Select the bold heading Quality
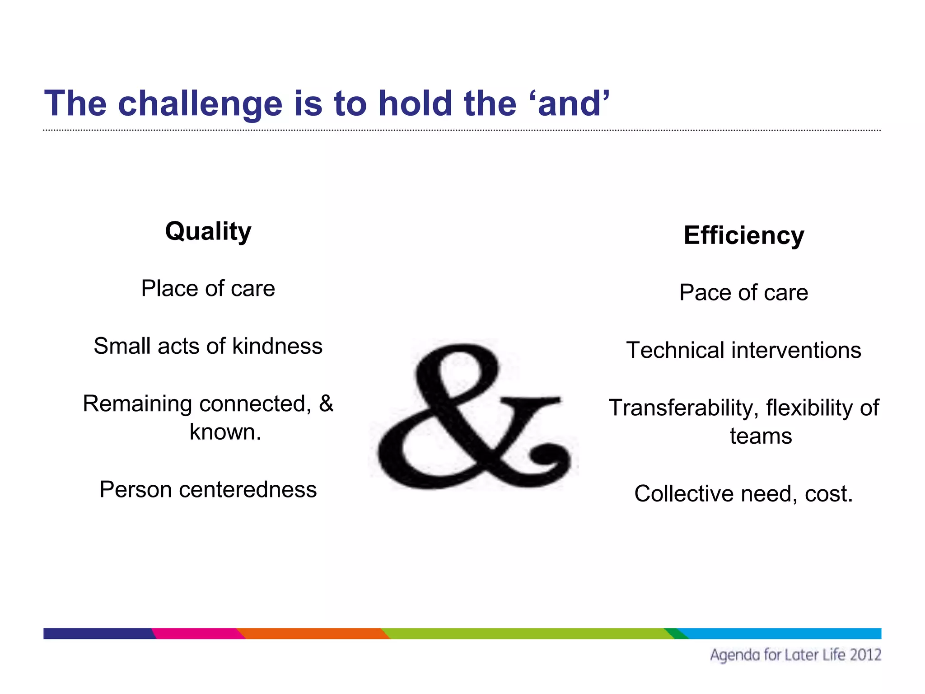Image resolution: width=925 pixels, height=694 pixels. (x=208, y=231)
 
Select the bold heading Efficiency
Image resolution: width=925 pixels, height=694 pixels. (x=743, y=235)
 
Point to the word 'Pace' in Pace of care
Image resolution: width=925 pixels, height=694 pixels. (x=704, y=292)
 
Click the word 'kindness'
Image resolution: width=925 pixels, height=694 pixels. (x=277, y=346)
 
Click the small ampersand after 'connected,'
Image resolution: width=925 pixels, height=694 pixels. (x=326, y=403)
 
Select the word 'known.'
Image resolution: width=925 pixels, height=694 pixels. (x=225, y=432)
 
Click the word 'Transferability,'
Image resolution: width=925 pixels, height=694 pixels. (x=683, y=408)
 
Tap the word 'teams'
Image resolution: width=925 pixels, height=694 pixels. (x=761, y=436)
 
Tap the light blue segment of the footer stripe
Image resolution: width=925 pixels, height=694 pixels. (x=781, y=633)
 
